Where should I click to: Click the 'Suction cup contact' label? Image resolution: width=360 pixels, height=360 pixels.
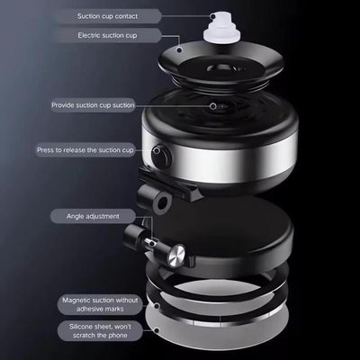pos(108,16)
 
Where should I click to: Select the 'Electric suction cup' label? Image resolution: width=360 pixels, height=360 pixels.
pos(108,35)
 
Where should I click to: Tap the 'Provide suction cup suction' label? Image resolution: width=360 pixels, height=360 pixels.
pos(93,105)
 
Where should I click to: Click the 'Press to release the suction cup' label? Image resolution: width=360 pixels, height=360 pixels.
pos(85,150)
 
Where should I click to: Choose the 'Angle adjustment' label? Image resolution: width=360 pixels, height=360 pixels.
pos(93,216)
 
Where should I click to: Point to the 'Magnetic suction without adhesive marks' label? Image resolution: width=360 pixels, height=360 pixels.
pos(100,304)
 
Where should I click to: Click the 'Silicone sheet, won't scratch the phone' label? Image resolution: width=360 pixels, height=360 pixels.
pos(100,331)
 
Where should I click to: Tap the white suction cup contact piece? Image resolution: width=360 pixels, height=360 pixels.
pos(222,30)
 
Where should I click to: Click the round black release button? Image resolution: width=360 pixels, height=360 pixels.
pos(161,156)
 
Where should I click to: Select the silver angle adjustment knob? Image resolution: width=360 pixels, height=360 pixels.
pos(176,256)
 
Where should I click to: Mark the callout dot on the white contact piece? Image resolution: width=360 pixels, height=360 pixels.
pos(213,16)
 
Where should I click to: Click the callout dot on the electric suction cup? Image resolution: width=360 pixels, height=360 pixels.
pos(179,49)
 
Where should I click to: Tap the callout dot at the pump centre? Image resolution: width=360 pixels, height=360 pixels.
pos(213,106)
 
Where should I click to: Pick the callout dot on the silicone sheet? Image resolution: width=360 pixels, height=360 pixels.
pos(157,330)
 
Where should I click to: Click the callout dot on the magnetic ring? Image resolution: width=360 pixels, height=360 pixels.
pos(157,306)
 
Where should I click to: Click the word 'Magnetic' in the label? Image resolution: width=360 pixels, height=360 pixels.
pos(76,301)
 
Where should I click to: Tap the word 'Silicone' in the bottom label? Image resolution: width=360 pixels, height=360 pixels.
pos(82,327)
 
